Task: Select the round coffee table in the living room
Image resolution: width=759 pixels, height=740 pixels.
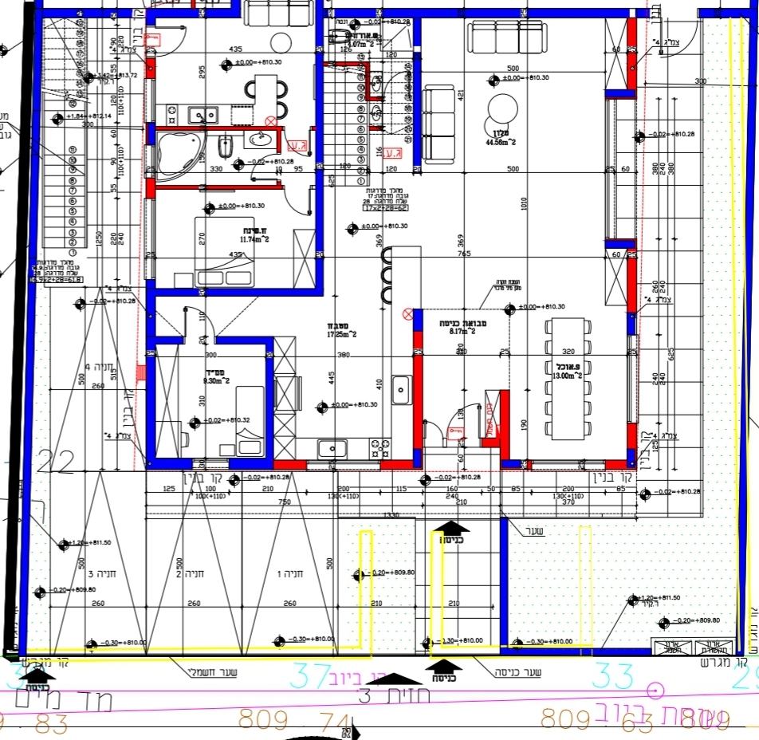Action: coord(502,108)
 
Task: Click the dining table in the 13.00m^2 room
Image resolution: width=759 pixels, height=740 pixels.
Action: coord(567,377)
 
